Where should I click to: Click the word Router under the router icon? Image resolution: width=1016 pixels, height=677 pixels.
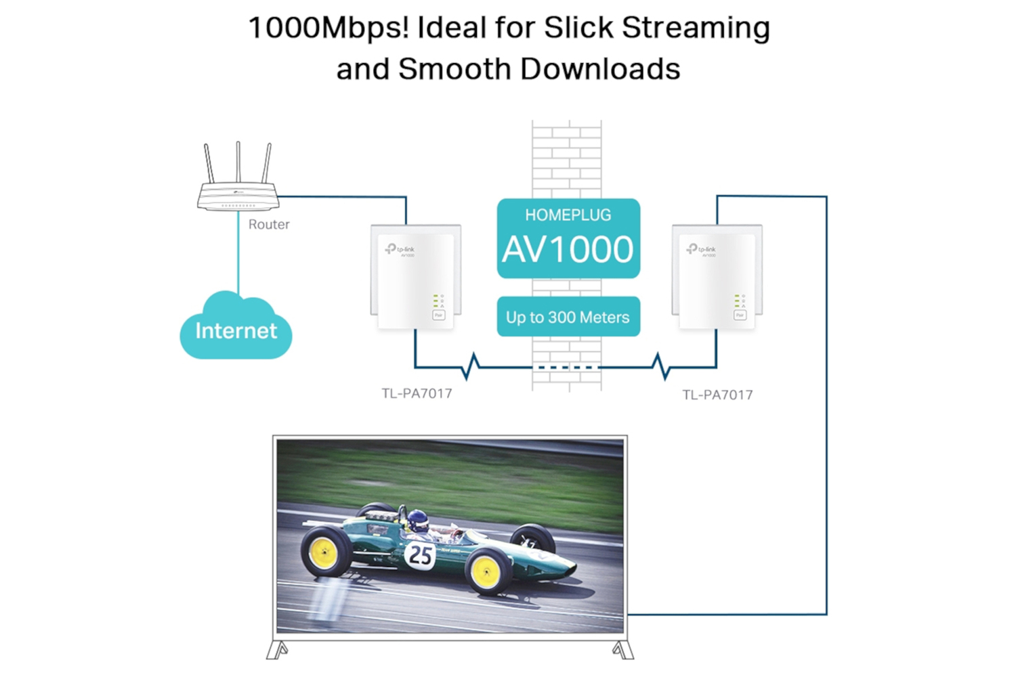(x=268, y=224)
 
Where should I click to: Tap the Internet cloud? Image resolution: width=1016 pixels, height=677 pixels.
(x=236, y=330)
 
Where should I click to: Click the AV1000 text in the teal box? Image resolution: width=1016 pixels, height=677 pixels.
(x=568, y=250)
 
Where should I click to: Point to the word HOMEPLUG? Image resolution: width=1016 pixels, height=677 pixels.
(x=568, y=215)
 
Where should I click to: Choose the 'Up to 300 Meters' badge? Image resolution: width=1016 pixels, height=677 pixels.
(x=568, y=317)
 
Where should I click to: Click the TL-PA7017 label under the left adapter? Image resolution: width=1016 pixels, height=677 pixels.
(x=417, y=393)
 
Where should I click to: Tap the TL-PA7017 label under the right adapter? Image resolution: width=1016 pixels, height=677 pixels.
(x=717, y=395)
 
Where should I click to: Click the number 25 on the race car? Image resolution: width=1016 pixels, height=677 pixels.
(x=420, y=555)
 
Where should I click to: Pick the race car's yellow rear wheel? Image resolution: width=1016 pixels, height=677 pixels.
(x=324, y=551)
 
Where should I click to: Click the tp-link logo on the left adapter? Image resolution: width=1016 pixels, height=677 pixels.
(x=400, y=250)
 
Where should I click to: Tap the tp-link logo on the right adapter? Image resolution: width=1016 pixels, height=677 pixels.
(x=702, y=250)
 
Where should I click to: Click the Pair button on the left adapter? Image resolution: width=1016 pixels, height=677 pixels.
(x=438, y=315)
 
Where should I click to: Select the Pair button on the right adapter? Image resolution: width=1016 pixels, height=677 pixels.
(x=740, y=315)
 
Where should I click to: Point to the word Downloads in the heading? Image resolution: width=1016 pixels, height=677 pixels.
(x=600, y=69)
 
